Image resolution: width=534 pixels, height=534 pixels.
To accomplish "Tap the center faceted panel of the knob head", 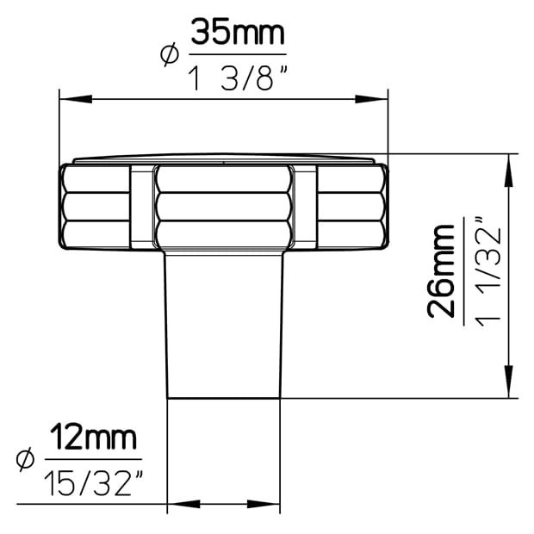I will (x=223, y=207).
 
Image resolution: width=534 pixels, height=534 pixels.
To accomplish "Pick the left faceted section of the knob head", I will (x=96, y=207).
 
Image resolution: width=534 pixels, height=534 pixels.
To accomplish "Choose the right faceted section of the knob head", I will (x=349, y=207).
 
